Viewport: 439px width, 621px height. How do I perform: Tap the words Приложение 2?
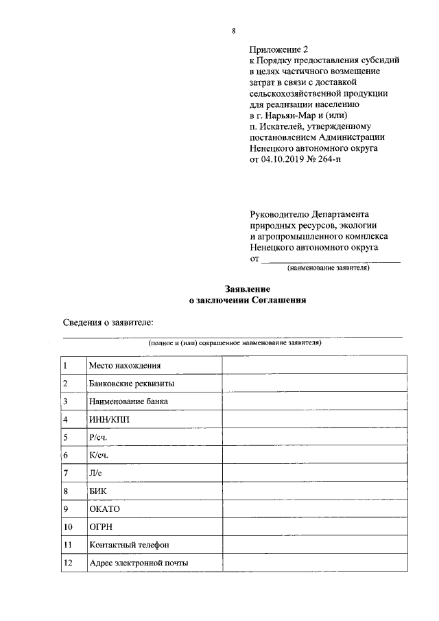coord(280,49)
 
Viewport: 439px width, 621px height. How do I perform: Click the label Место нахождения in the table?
coord(125,365)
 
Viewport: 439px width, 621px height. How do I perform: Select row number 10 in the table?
coord(68,527)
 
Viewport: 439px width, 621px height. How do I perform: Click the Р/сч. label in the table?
coord(99,437)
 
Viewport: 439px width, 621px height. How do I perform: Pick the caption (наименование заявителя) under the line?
coord(329,268)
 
